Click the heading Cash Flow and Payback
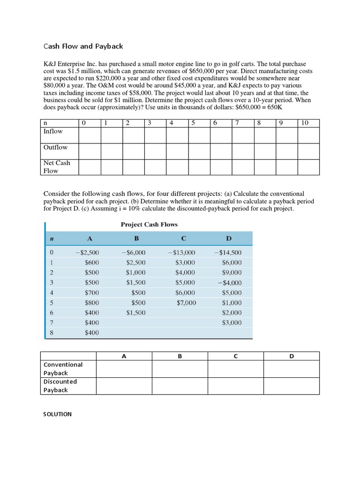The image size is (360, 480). [83, 46]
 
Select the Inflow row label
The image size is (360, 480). [53, 131]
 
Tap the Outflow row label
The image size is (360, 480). [55, 147]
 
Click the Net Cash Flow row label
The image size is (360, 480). [57, 167]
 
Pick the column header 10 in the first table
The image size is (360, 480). [305, 123]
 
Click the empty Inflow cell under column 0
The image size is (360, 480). [90, 135]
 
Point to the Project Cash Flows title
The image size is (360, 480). [149, 225]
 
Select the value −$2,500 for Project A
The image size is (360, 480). [87, 252]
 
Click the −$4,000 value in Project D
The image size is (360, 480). [230, 283]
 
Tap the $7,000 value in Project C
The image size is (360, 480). [186, 303]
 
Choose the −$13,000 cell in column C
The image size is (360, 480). [181, 252]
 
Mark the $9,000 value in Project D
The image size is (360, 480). [232, 272]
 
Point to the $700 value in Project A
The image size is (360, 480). [92, 292]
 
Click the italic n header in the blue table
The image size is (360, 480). [52, 239]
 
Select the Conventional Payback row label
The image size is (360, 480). [63, 368]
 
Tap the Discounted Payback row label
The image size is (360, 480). [60, 385]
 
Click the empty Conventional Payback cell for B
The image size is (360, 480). [180, 368]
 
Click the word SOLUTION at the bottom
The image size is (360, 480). [58, 414]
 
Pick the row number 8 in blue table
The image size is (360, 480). [52, 333]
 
